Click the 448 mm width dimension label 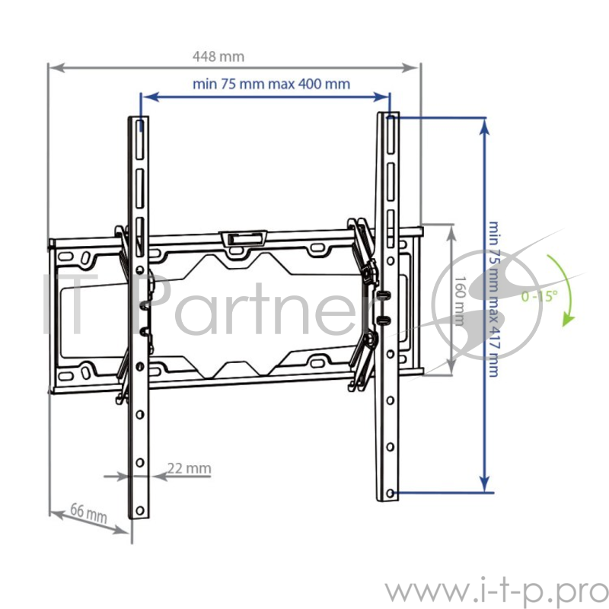point(218,56)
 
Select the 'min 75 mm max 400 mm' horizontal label point(271,84)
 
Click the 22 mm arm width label point(189,468)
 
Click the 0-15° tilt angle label point(539,295)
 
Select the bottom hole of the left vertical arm point(139,509)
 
